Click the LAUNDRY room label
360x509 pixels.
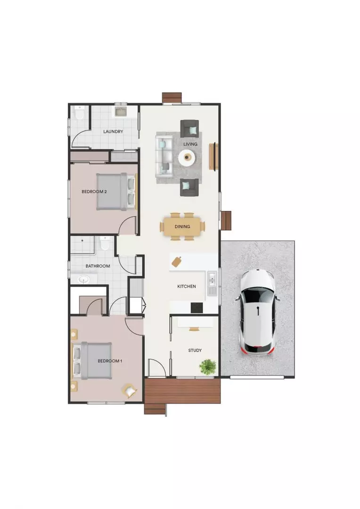(x=113, y=131)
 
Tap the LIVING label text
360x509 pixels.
(x=190, y=144)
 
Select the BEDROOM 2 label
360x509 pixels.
(x=94, y=192)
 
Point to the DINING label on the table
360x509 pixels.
(x=182, y=227)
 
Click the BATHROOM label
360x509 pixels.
(x=98, y=266)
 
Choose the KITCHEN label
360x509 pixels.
(x=187, y=286)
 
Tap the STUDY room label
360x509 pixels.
(x=195, y=350)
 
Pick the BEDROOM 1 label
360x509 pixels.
(x=110, y=361)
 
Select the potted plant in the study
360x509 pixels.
(x=208, y=366)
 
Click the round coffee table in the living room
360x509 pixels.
(x=188, y=157)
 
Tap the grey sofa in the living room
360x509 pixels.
(x=164, y=155)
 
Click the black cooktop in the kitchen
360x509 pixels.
(x=196, y=307)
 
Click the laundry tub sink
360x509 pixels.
(x=120, y=112)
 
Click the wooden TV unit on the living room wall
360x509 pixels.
(x=214, y=156)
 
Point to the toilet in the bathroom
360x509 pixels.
(x=105, y=244)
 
